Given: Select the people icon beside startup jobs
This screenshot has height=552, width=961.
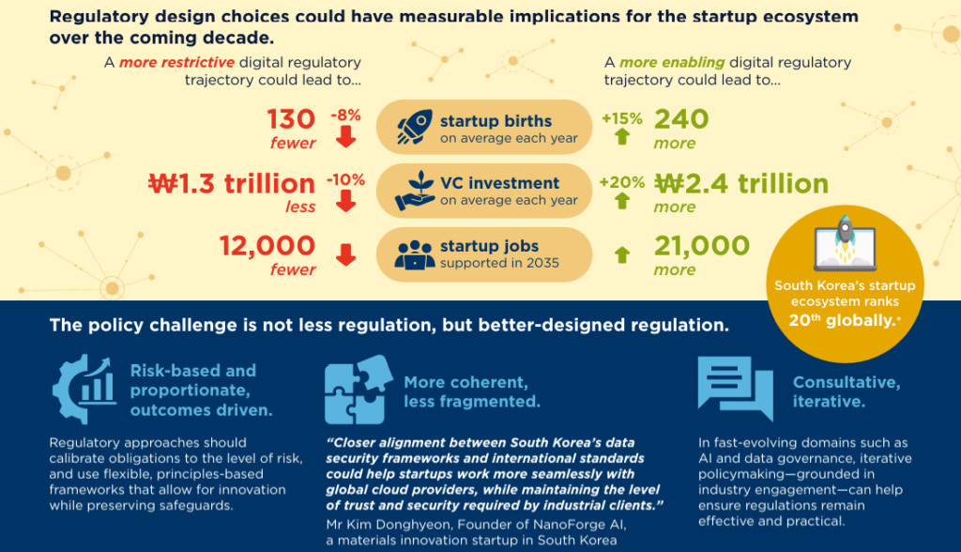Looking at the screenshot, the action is coord(415,254).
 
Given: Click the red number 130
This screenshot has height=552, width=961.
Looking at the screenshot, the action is coord(291,119).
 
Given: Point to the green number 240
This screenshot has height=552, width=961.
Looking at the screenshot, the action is coord(681,119).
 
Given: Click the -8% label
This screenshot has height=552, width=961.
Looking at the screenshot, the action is coord(345,115).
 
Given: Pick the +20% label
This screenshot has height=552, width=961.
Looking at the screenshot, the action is coord(622,182).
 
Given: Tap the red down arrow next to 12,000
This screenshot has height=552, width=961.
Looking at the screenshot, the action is coord(346,254).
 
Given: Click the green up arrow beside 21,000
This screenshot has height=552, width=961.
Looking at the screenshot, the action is coord(622,254).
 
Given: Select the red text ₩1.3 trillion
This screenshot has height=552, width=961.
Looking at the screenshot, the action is coord(232,183).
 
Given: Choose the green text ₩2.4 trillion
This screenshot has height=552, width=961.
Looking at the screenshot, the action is coord(741,183).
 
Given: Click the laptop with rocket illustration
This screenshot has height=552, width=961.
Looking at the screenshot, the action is coord(846,243).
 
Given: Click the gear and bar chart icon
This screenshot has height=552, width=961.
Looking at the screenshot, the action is coord(84,389).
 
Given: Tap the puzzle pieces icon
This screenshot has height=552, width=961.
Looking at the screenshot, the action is coord(358,390).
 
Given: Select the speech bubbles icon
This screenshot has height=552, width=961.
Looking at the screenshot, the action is coord(736,389).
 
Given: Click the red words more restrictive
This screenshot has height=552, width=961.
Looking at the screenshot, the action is coord(176,63).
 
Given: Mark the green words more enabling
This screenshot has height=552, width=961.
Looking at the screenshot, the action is coord(672,63).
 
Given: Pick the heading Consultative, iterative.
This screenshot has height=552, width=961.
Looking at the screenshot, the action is coord(847,391).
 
